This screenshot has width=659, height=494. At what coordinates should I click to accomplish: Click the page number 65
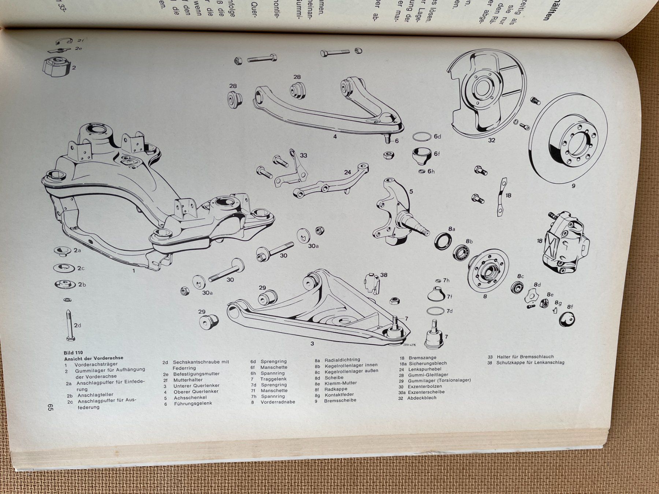point(50,408)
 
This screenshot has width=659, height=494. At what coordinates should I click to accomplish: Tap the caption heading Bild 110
point(73,353)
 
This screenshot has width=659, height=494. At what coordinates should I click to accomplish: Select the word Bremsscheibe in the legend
point(340,400)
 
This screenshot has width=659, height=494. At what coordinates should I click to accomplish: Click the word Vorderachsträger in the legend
point(96,364)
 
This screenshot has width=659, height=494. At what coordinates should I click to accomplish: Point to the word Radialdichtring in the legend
point(342,360)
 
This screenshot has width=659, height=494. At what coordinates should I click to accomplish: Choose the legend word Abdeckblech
point(422,398)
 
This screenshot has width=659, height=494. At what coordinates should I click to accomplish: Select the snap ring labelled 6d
point(422,137)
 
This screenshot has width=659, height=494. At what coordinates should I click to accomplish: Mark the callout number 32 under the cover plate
point(491,140)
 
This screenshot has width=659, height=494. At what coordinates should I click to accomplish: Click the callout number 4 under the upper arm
point(335,137)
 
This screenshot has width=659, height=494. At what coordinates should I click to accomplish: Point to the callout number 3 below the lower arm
point(312,343)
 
